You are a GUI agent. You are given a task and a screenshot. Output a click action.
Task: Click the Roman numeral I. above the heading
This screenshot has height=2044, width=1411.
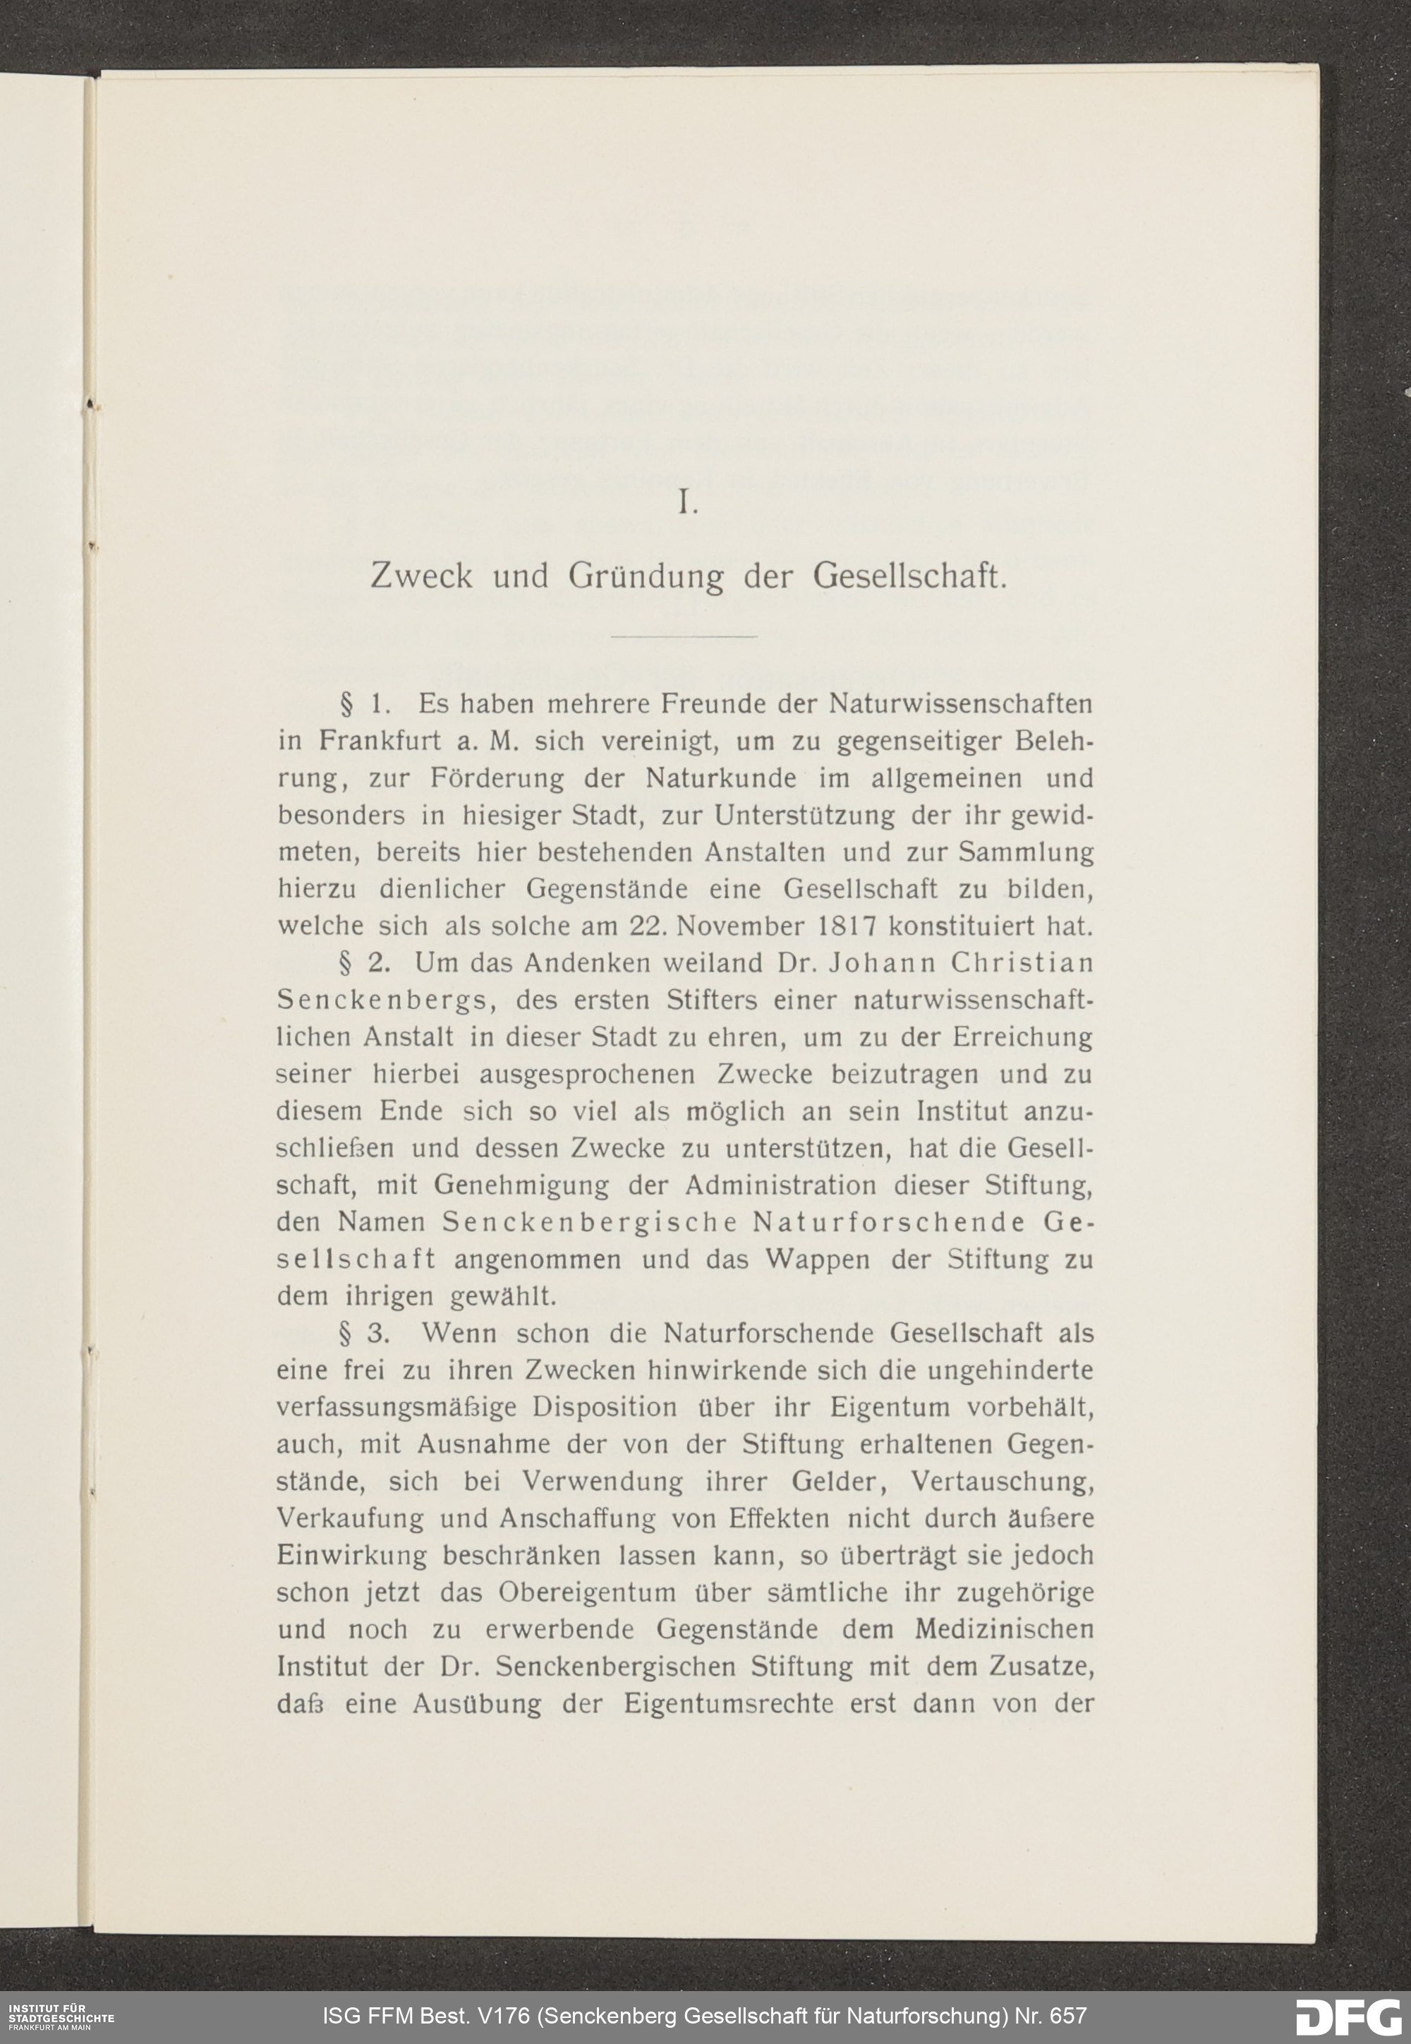pyautogui.click(x=687, y=504)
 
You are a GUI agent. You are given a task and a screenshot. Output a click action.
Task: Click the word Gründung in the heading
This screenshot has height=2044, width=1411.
pyautogui.click(x=646, y=577)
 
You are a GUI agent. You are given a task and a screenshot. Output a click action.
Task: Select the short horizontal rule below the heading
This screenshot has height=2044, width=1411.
pyautogui.click(x=685, y=636)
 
